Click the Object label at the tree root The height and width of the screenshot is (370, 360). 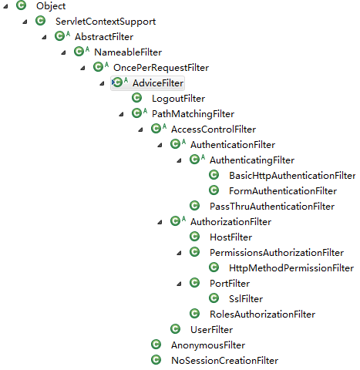click(51, 6)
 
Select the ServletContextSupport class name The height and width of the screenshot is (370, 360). click(106, 22)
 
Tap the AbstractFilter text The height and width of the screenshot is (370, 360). click(104, 37)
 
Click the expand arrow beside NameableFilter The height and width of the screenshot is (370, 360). click(63, 52)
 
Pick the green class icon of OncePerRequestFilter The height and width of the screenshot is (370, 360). click(98, 67)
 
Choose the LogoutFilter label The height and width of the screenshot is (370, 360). click(178, 99)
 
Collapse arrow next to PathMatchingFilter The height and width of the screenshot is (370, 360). click(121, 114)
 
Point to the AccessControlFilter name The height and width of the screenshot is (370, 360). click(214, 129)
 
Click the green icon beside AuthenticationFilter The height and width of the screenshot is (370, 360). click(175, 144)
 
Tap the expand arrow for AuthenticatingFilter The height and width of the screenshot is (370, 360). click(179, 160)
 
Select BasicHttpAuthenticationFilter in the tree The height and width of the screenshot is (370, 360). click(292, 176)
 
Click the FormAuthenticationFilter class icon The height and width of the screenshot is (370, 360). click(214, 190)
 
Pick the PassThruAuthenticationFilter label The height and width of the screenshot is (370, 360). click(272, 207)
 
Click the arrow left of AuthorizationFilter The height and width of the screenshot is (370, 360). click(160, 222)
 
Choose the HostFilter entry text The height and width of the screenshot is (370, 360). click(230, 237)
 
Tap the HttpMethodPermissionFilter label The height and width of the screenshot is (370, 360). click(291, 268)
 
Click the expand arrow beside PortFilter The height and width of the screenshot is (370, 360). click(179, 284)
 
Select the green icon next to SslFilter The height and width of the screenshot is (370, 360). click(214, 298)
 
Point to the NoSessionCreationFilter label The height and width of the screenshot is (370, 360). click(225, 361)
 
